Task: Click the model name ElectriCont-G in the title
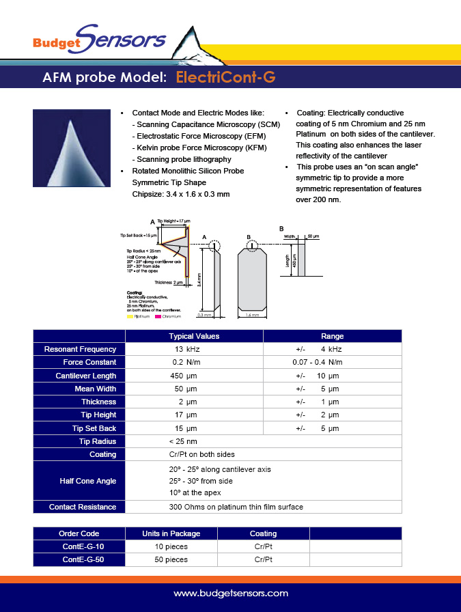225,77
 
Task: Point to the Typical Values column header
194,336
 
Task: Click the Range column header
332,336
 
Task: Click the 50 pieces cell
170,559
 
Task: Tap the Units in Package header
171,533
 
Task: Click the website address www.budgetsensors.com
230,594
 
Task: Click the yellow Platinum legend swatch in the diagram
129,317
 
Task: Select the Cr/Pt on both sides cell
201,454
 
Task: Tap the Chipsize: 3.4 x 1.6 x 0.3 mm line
180,194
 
